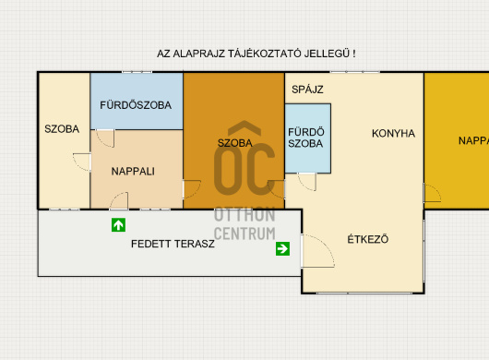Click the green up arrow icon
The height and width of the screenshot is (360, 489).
coord(118,225)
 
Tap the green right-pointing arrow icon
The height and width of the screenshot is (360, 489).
coord(282,248)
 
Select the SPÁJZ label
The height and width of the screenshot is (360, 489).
coord(307,90)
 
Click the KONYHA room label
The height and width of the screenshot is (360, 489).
coord(393,134)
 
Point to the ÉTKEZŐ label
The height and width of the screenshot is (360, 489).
coord(368,239)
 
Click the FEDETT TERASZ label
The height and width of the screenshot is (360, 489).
coord(173,244)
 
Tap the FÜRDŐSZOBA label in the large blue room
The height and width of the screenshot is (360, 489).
coord(136,105)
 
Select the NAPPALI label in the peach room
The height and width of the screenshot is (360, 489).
coord(133,172)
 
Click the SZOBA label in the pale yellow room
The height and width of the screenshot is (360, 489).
coord(62,129)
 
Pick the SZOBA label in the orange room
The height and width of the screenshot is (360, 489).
coord(235,143)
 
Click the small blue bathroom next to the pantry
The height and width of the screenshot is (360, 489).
coord(308,138)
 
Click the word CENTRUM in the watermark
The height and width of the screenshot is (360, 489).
coord(244,234)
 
